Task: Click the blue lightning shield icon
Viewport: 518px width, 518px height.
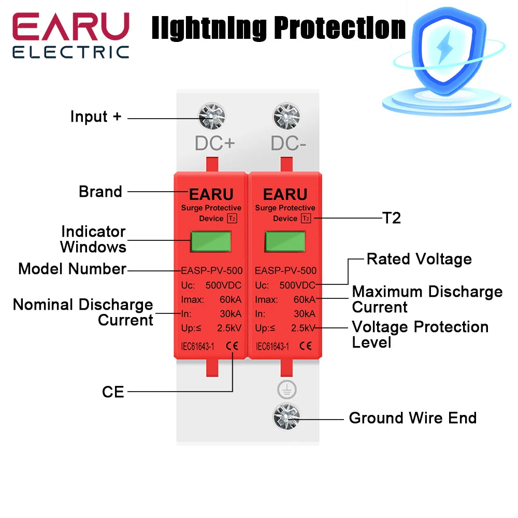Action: point(443,49)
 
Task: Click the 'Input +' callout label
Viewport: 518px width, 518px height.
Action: point(96,117)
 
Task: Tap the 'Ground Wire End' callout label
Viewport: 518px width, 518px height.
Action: point(412,418)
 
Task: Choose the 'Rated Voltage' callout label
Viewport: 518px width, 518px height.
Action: point(419,259)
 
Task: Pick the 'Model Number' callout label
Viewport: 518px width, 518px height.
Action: point(72,269)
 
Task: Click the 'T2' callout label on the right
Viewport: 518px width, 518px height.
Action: point(392,218)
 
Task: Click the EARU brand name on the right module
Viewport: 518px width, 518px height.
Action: point(285,194)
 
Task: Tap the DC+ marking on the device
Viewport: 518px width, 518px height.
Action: point(215,143)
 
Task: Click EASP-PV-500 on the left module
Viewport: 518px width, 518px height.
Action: point(211,270)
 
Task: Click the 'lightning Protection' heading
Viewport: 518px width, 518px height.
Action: point(278,28)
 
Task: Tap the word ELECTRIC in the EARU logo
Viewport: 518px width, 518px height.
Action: point(70,52)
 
